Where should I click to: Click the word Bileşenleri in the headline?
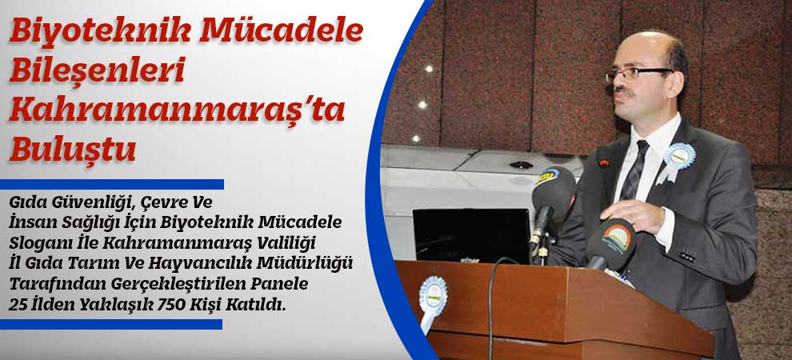pos(97,71)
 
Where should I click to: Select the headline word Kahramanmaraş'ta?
pos(177,110)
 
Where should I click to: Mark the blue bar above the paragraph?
pos(112,184)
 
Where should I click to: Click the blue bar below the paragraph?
pos(112,324)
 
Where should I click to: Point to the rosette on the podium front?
pos(433,295)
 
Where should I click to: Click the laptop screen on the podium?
pos(472,234)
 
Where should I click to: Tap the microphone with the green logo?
pos(610,241)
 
